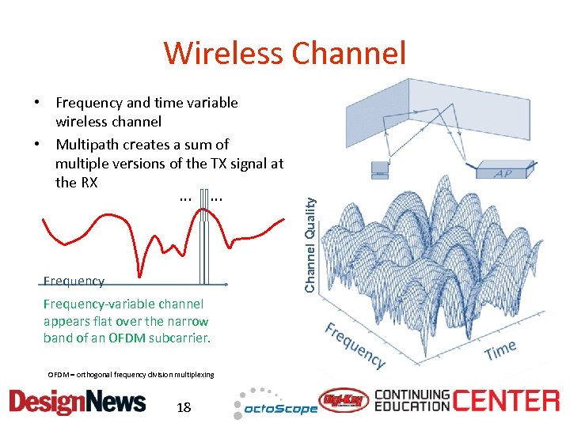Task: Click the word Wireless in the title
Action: coord(224,54)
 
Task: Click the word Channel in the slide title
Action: coord(348,54)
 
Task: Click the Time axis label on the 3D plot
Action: coord(500,349)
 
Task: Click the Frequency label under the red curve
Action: coord(74,281)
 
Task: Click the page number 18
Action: coord(184,408)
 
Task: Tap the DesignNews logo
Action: coord(78,402)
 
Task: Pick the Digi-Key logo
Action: coord(343,402)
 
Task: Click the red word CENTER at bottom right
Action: coord(507,401)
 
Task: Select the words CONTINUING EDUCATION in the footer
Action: coord(412,402)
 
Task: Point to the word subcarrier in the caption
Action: coord(174,338)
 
